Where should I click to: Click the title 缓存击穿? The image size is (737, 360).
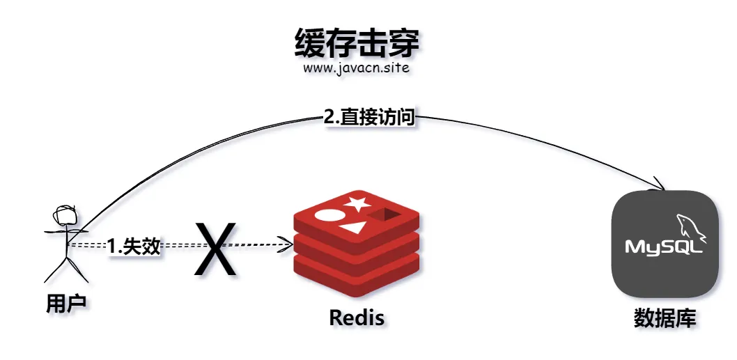coord(357,43)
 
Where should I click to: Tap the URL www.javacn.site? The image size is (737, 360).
coord(356,69)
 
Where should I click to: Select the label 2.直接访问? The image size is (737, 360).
coord(370,117)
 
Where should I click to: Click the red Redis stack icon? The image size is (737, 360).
coord(356,241)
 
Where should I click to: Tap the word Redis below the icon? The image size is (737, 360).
coord(356,318)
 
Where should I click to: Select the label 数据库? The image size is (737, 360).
coord(665,318)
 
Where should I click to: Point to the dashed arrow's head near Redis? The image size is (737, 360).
coord(287,244)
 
